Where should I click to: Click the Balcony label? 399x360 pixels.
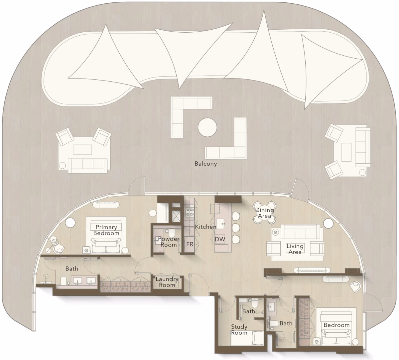[x=206, y=164]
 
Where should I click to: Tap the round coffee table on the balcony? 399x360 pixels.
[x=207, y=127]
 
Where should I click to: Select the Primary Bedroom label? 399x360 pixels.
[x=106, y=230]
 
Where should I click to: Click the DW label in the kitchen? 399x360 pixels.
[x=220, y=239]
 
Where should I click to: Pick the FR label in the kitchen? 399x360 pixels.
[x=190, y=244]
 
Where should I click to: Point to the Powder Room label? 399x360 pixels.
[x=169, y=242]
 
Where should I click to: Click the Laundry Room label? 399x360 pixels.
[x=167, y=282]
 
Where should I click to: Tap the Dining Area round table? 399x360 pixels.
[x=265, y=213]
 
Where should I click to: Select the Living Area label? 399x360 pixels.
[x=295, y=249]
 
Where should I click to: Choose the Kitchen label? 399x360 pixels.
[x=205, y=227]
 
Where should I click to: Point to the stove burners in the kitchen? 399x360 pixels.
[x=190, y=212]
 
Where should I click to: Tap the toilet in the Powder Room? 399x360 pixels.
[x=172, y=232]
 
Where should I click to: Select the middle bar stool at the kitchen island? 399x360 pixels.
[x=236, y=227]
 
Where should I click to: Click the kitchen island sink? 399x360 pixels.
[x=220, y=224]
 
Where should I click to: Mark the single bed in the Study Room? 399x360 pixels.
[x=247, y=338]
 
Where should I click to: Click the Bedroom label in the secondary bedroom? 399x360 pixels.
[x=336, y=325]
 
